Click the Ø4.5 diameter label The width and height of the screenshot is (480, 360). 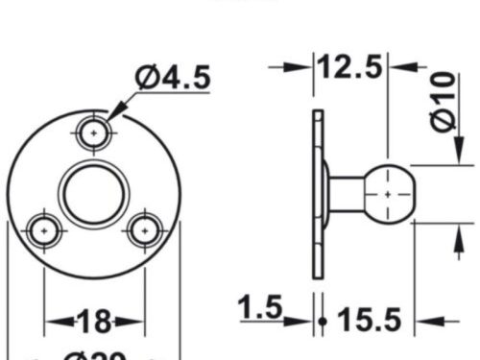coord(173,78)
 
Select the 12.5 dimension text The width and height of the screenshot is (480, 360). coord(351,67)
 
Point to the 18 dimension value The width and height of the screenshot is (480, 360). coord(95,321)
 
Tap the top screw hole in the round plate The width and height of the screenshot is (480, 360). coord(94,133)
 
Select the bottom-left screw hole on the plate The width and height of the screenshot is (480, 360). coord(43,230)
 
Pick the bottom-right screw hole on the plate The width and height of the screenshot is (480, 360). coord(145,230)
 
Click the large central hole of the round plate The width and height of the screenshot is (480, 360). coord(93,193)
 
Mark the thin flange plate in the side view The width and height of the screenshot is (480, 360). coord(318,193)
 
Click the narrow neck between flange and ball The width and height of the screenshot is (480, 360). coord(342,193)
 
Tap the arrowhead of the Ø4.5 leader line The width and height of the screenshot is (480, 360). coord(117,112)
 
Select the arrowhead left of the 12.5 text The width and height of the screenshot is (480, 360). coord(305,67)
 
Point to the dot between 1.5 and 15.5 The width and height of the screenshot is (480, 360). coord(324,321)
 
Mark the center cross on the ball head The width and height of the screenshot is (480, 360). coord(387,193)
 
